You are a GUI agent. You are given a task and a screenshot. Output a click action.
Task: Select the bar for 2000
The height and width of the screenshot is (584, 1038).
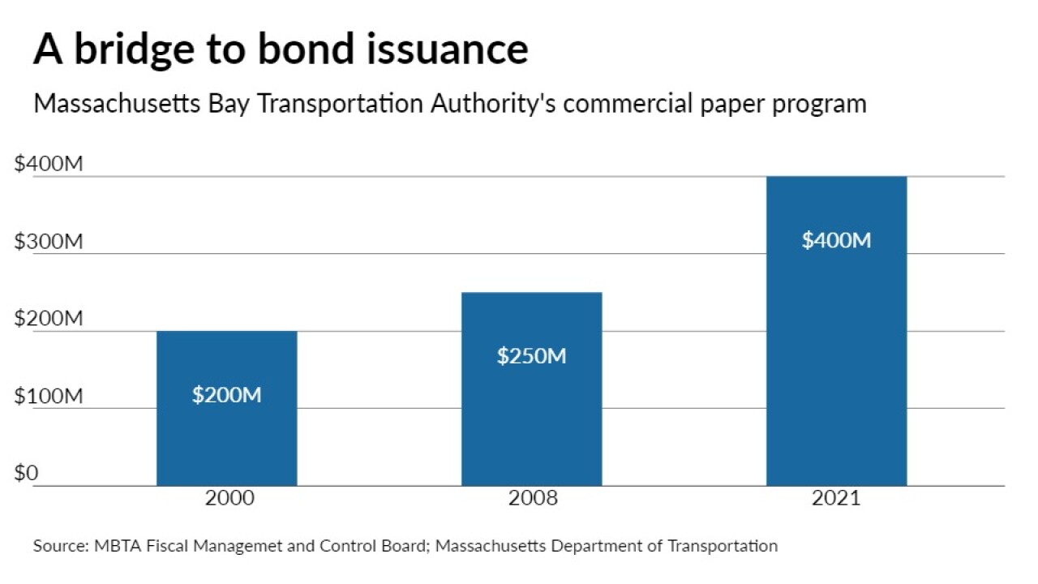(x=226, y=438)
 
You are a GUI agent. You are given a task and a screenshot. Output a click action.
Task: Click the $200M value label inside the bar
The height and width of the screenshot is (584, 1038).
(x=226, y=395)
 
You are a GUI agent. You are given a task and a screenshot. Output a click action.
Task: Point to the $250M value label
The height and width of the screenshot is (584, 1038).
(x=531, y=355)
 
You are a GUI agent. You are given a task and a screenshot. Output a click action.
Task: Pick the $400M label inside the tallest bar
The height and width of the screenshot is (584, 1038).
(x=836, y=240)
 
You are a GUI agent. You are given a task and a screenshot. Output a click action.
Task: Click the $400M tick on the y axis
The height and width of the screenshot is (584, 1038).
(x=49, y=164)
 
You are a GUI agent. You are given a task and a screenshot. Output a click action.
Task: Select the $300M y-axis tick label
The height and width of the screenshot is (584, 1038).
(x=49, y=242)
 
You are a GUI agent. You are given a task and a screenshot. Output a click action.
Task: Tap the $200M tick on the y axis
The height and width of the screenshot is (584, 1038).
(x=49, y=319)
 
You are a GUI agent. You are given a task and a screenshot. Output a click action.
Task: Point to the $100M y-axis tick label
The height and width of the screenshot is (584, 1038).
(x=49, y=397)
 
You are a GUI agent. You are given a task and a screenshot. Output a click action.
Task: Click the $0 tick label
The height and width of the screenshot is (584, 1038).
(x=26, y=473)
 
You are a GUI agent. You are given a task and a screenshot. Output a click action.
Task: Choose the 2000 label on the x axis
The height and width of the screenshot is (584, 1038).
(x=229, y=498)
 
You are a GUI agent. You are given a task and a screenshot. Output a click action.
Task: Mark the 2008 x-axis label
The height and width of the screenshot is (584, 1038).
(x=533, y=498)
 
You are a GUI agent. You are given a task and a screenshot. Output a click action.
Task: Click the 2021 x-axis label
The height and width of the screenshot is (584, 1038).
(x=836, y=498)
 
